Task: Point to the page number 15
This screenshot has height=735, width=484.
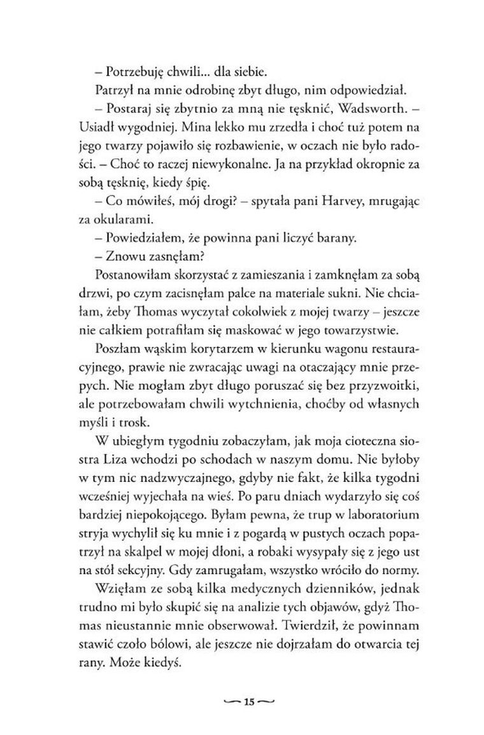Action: pyautogui.click(x=248, y=702)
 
